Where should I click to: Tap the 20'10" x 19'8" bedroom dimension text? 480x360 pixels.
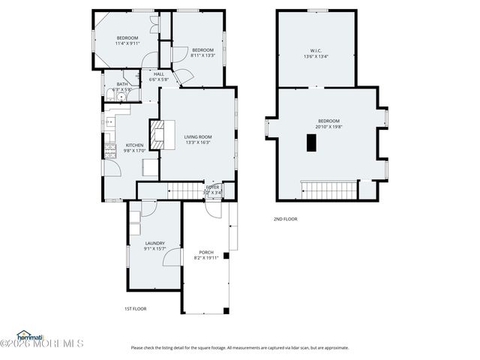(x=328, y=127)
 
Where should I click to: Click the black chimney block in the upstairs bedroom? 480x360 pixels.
(x=310, y=143)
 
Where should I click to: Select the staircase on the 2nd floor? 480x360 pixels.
(x=327, y=189)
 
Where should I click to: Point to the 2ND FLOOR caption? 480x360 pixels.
(x=285, y=219)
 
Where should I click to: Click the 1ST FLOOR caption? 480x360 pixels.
(x=135, y=308)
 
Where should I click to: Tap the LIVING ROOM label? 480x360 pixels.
(x=198, y=136)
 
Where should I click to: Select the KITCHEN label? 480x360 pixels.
(x=134, y=145)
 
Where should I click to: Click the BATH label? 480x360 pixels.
(x=121, y=84)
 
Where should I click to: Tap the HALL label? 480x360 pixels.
(x=158, y=73)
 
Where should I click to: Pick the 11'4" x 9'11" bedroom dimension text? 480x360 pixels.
(x=127, y=43)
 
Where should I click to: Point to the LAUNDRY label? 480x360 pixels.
(x=154, y=243)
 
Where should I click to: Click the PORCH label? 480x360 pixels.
(x=205, y=252)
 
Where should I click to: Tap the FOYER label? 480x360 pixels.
(x=212, y=187)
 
